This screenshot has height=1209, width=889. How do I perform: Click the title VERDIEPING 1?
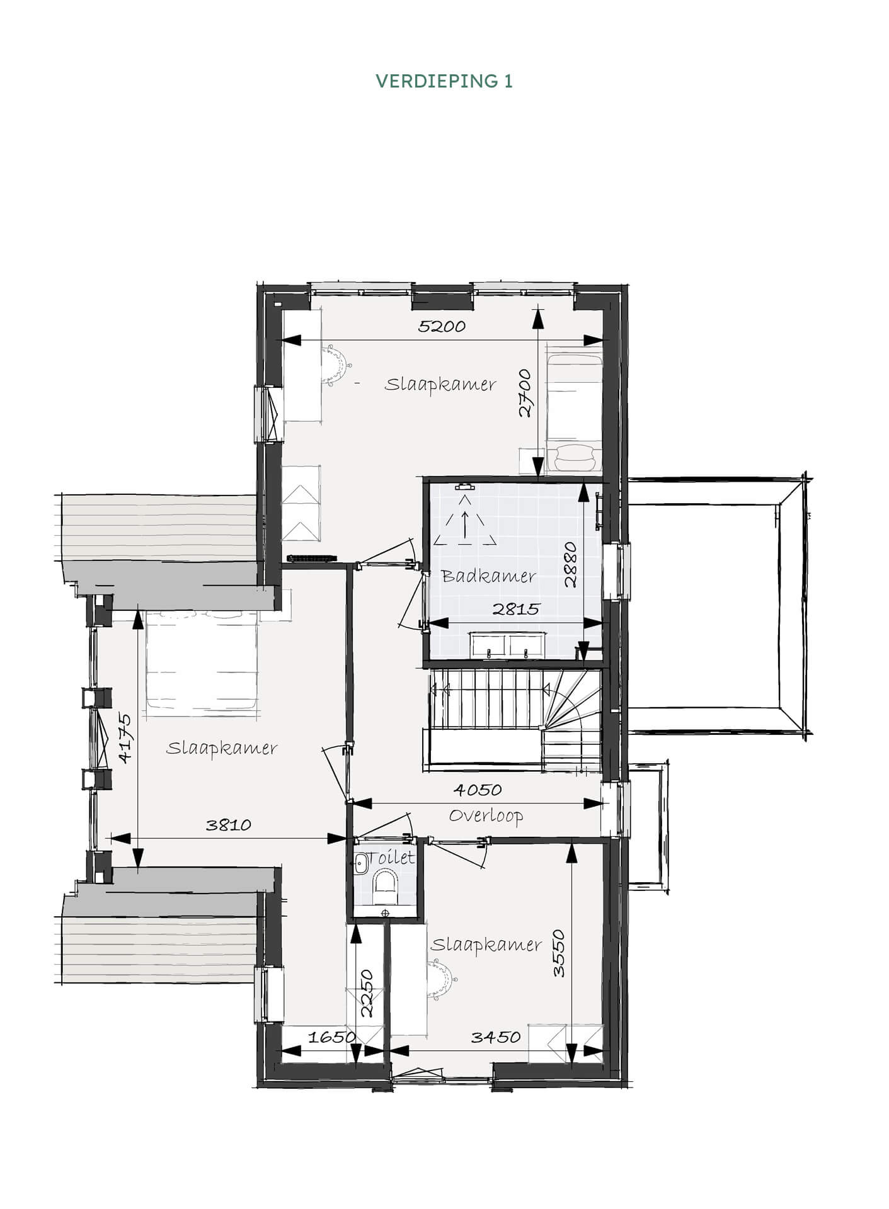pos(444,81)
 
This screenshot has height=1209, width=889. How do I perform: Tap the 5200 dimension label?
pos(442,326)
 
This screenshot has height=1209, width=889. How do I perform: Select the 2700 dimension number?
pos(525,393)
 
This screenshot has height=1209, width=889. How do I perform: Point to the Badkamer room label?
pos(488,576)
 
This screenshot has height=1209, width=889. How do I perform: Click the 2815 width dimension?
pos(517,609)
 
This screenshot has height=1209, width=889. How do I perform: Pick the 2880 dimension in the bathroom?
pos(571,564)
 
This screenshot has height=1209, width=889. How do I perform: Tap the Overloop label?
pos(486,816)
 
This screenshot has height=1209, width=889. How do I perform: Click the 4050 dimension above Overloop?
pos(478,790)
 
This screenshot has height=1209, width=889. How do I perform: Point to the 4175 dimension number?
pos(125,739)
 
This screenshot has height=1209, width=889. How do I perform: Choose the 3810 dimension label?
pos(229,825)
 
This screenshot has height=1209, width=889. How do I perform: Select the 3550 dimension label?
pos(559,953)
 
